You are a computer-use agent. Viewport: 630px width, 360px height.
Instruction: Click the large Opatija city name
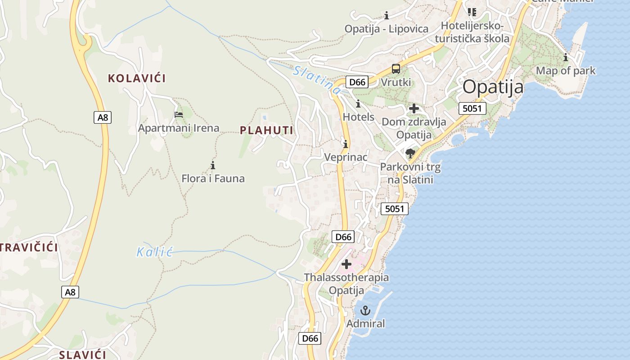493,87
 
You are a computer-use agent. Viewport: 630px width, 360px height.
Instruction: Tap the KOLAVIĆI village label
137,78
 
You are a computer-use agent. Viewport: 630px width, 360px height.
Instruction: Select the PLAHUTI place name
266,130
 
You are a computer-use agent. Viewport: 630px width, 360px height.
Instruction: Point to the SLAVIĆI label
83,355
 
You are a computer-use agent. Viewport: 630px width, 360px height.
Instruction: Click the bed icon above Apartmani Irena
179,114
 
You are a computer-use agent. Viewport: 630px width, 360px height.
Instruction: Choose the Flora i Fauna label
213,179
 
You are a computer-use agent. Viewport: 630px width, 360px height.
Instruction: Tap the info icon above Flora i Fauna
213,165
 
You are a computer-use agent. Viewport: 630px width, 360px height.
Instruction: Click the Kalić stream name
155,252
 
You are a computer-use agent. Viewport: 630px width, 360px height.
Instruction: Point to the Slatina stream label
316,80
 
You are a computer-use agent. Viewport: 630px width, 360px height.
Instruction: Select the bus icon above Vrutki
396,69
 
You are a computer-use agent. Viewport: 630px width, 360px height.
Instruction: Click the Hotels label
358,117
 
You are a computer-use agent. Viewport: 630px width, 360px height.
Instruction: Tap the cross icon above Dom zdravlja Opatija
414,108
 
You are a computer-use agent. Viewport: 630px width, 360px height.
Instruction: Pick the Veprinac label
346,157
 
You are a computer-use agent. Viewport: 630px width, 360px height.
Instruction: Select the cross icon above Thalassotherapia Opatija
346,264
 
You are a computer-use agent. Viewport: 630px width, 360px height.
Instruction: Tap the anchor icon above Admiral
365,310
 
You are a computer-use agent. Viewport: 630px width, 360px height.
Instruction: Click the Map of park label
565,71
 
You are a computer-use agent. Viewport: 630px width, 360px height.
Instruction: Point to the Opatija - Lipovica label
386,29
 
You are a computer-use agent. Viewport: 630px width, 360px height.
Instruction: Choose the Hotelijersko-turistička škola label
475,32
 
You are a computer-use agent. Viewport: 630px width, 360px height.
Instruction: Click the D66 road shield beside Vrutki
357,82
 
